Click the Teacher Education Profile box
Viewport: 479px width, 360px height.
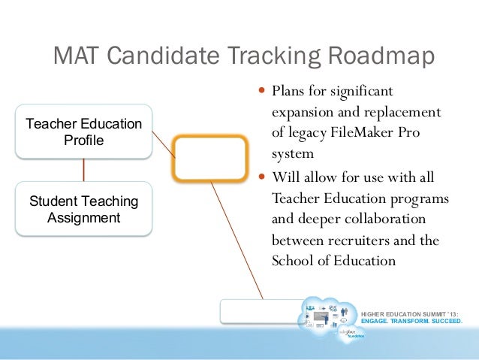pos(83,132)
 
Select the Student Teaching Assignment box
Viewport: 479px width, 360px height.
pos(83,210)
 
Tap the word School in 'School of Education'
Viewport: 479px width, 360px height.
pos(290,262)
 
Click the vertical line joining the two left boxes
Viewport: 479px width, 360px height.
pos(83,170)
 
